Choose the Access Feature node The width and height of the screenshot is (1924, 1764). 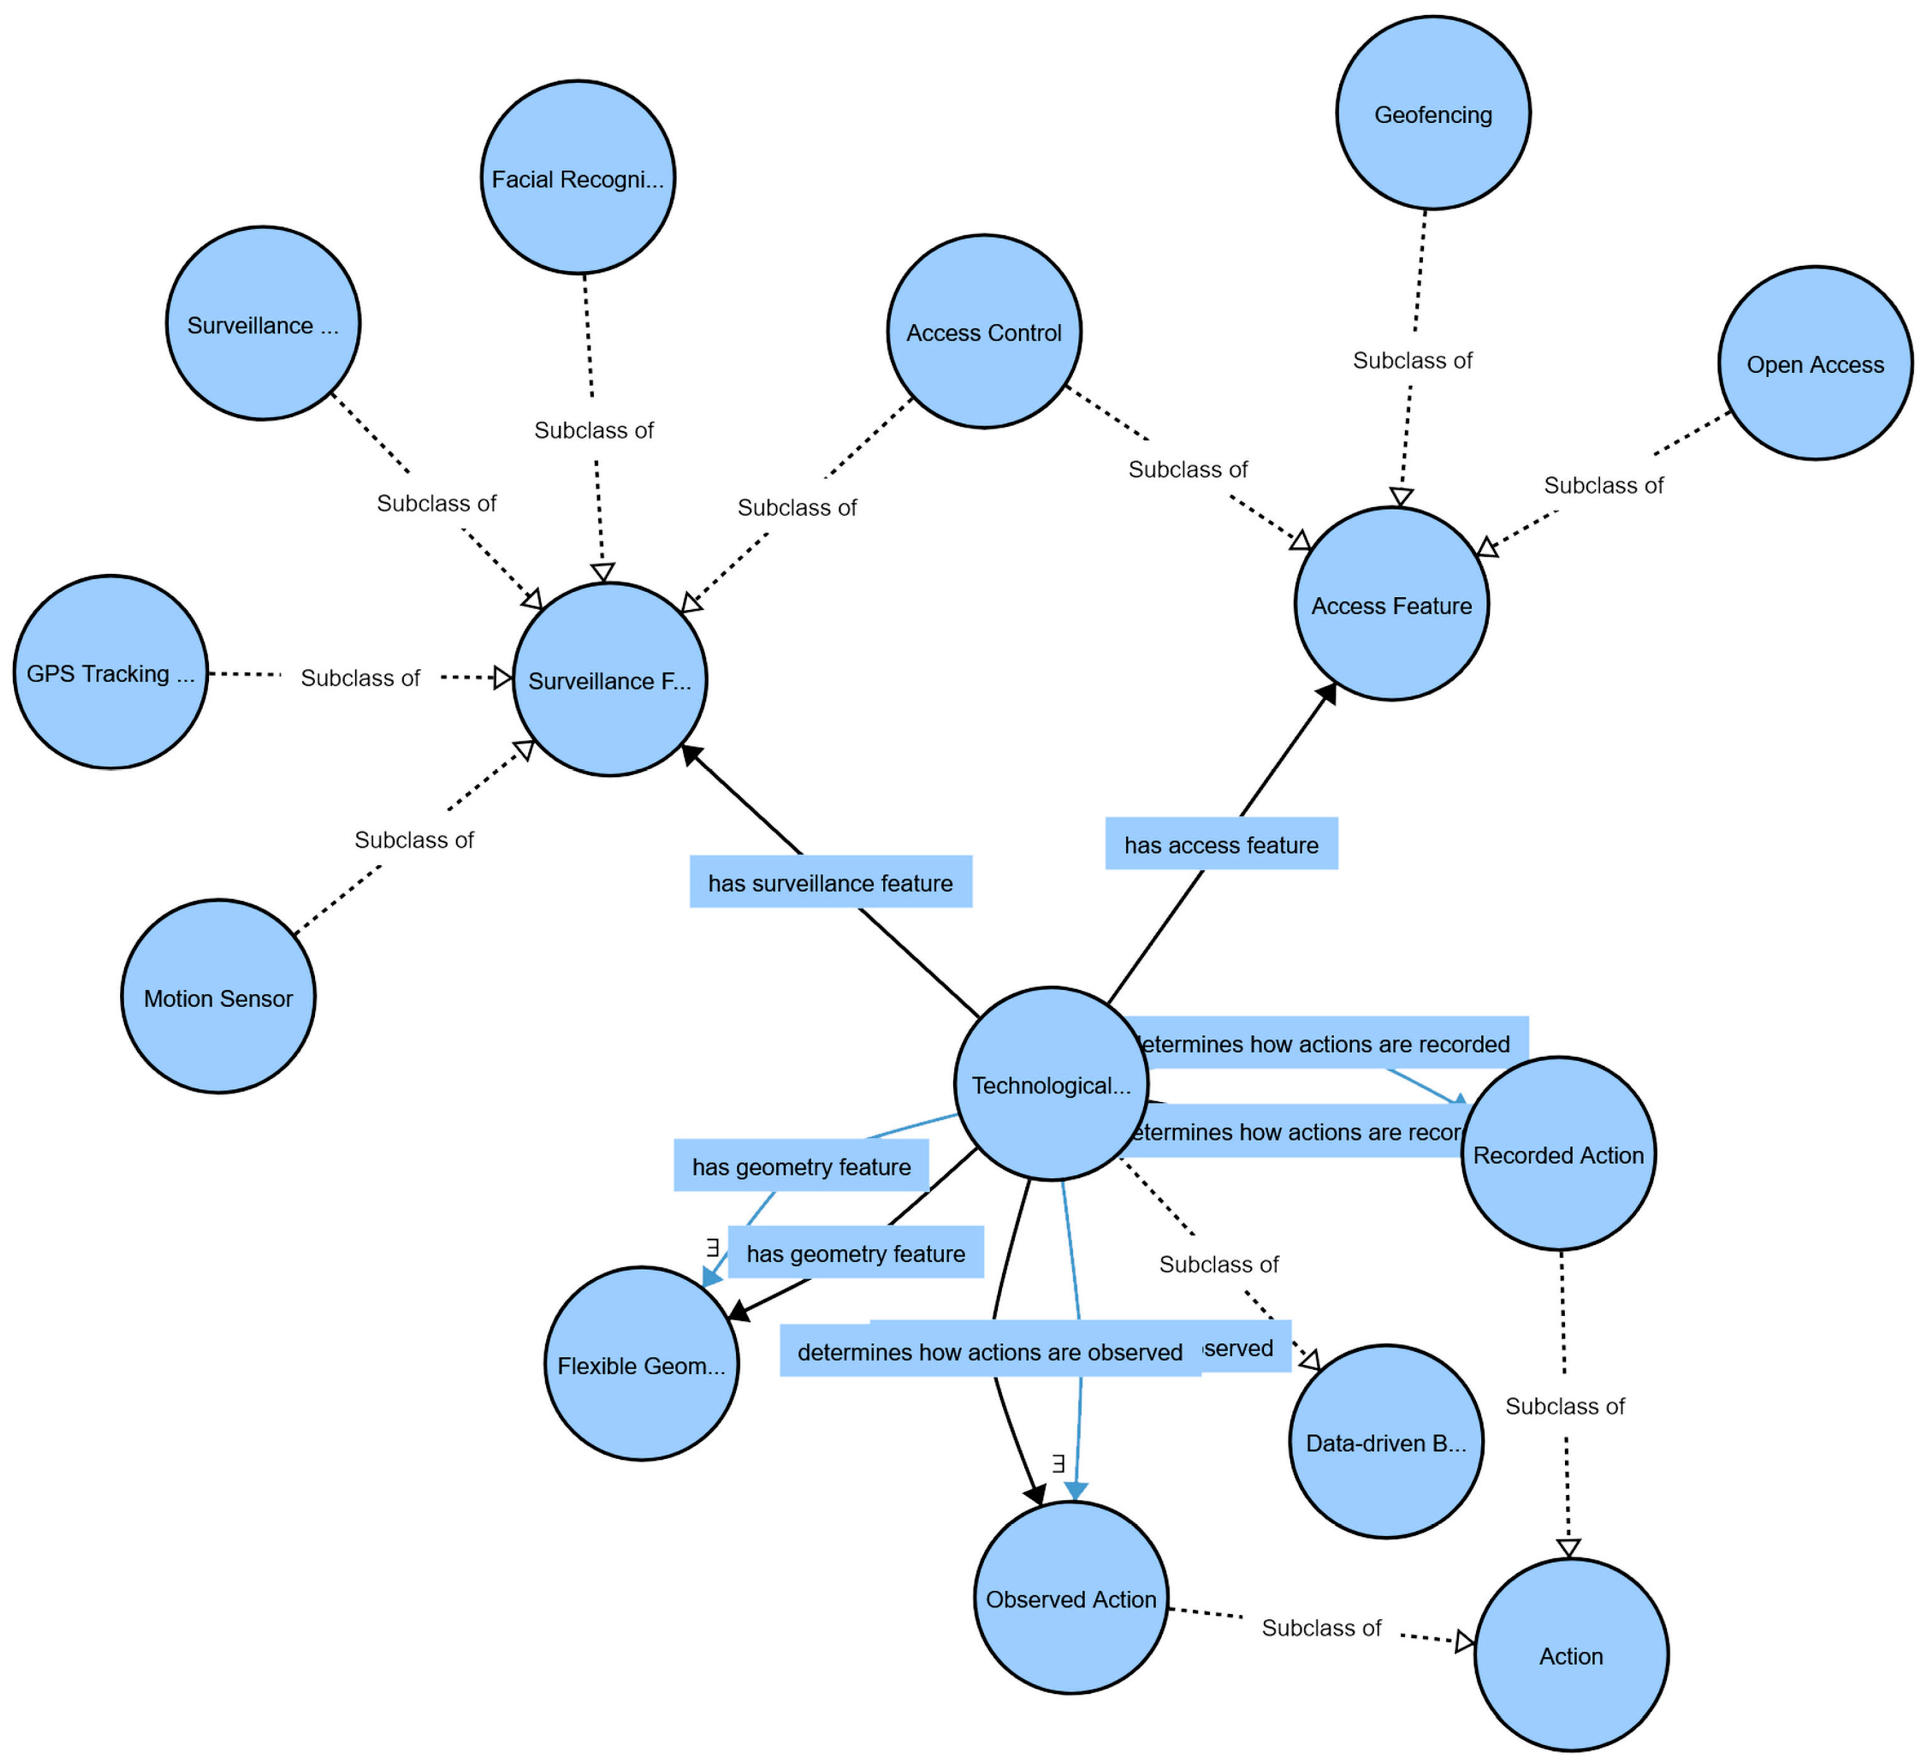point(1391,604)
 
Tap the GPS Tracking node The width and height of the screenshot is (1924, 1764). point(110,672)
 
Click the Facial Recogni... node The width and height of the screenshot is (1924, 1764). point(577,178)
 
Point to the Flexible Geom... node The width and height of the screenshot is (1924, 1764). point(641,1364)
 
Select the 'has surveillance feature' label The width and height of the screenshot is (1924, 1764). point(830,882)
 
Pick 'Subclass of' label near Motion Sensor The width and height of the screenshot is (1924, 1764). point(414,839)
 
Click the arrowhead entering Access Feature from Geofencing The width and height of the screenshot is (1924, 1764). point(1400,496)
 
